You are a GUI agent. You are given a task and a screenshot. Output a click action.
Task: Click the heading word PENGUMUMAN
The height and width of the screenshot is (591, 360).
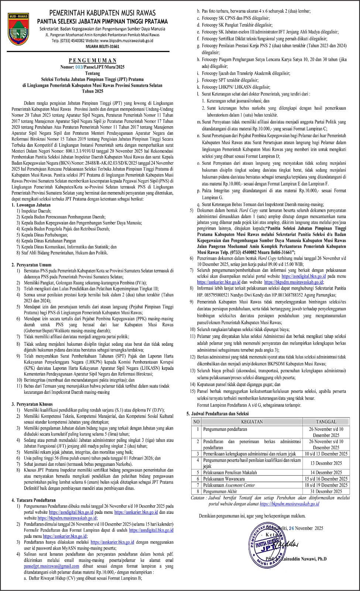coord(93,60)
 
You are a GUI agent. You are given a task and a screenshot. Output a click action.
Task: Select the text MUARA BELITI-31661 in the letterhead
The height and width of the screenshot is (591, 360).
coord(103,47)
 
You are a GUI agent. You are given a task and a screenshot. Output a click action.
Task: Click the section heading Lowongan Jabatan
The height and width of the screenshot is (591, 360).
coord(33,205)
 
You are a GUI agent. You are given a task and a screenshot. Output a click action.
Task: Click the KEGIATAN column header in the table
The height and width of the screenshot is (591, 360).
coord(252,421)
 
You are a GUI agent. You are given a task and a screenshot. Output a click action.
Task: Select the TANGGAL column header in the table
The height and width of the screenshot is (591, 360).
coord(326,421)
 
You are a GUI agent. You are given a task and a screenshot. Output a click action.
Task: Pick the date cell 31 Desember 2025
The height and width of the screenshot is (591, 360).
coord(326,491)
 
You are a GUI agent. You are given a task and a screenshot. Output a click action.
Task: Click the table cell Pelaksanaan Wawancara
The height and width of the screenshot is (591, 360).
coord(224,479)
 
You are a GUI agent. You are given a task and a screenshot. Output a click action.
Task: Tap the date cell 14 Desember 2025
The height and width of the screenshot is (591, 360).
coord(326,472)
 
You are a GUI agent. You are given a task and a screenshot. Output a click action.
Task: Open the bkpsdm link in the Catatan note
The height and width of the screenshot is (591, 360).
coord(289,503)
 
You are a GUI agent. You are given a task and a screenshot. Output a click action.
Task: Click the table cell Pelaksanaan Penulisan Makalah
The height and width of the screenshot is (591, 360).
coord(230,472)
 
